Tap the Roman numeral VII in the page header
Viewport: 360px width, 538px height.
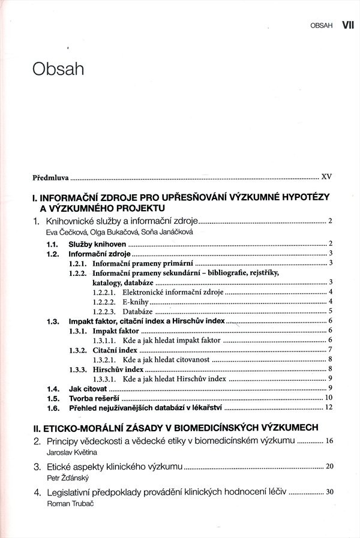(348, 25)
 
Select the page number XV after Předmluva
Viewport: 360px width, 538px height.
(326, 178)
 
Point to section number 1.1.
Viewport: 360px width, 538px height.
(52, 244)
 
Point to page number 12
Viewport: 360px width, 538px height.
(328, 408)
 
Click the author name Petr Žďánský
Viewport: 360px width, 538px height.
(64, 478)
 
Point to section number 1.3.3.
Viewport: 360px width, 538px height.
(77, 369)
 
